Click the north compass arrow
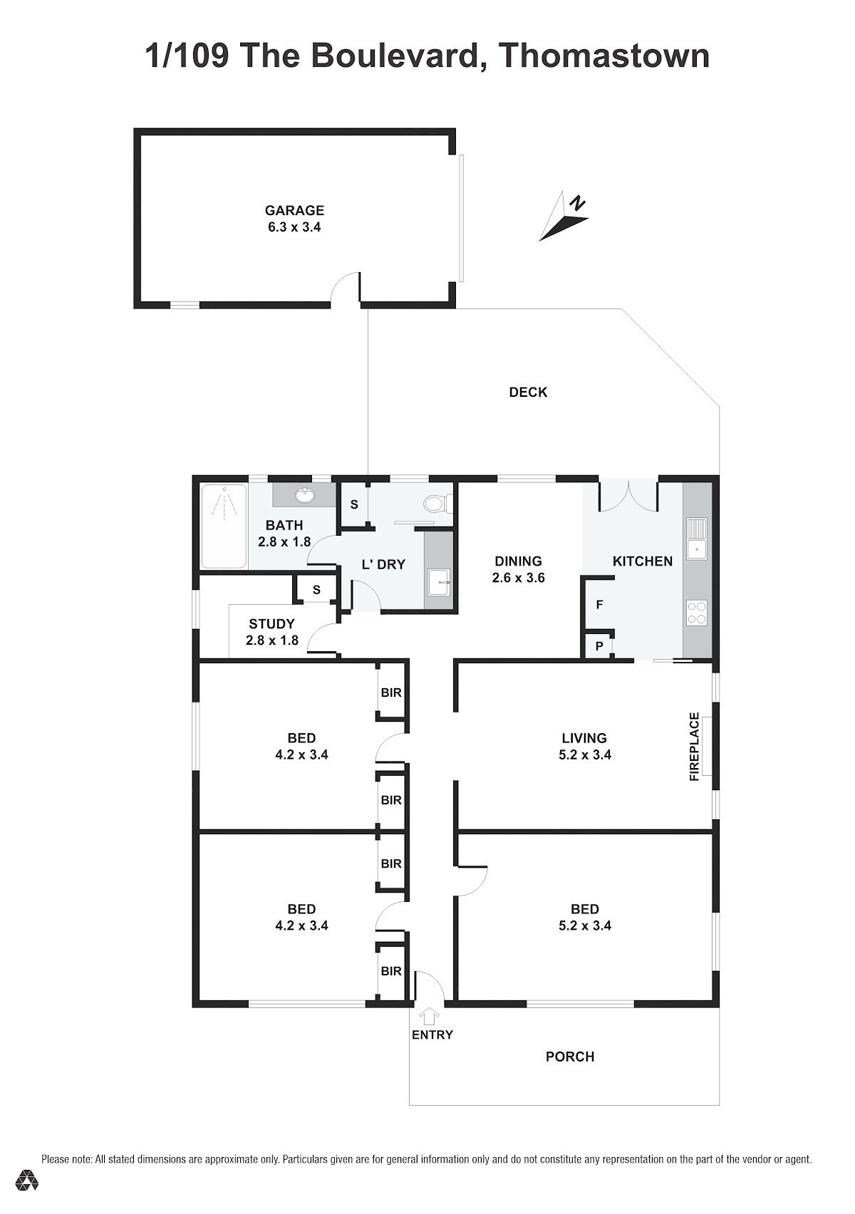pos(563,217)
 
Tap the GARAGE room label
pos(294,210)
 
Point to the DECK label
pos(528,393)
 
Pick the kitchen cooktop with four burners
pos(697,613)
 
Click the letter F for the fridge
pos(599,605)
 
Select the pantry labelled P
pos(599,646)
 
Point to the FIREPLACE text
pos(694,747)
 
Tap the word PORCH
pos(570,1057)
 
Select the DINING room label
pos(518,561)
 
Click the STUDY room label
pos(271,624)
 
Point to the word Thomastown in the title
pos(604,56)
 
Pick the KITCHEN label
pos(643,561)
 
